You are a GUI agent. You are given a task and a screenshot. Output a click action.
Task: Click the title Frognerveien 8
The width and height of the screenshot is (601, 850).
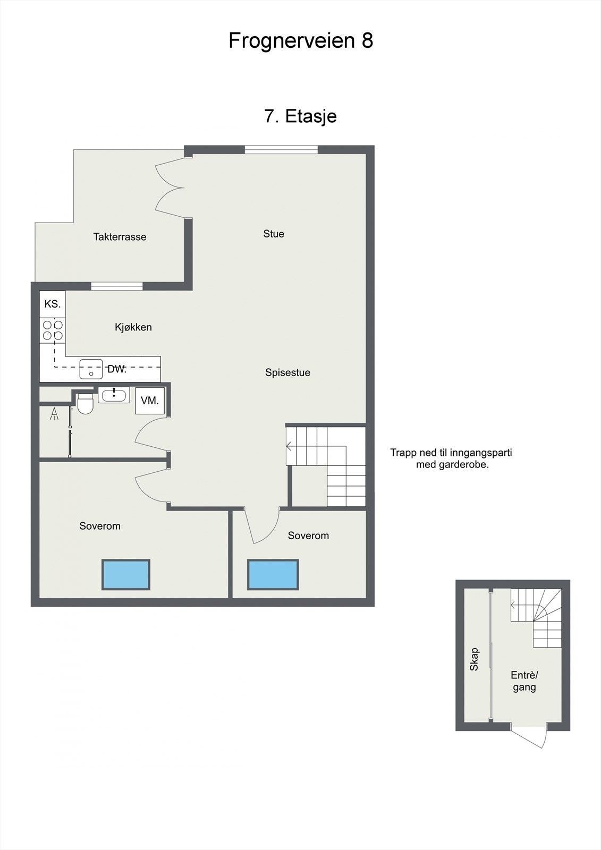pos(301,40)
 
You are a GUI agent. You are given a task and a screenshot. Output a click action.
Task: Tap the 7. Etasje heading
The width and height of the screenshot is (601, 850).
pos(300,116)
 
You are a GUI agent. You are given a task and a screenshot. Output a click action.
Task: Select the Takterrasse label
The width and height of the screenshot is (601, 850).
pos(120,237)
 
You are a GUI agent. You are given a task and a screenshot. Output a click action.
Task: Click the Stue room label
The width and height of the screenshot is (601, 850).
pos(274,234)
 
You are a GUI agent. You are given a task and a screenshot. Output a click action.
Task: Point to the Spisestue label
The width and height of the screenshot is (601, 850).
pos(287,372)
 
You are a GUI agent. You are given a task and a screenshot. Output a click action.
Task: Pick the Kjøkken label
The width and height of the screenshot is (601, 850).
pos(133,327)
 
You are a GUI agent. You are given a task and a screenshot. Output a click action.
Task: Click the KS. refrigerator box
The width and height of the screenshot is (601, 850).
pos(53,304)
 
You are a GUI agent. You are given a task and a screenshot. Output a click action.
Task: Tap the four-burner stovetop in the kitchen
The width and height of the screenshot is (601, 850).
pos(53,330)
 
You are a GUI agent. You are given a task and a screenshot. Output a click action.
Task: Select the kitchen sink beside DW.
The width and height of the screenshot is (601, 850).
pos(91,369)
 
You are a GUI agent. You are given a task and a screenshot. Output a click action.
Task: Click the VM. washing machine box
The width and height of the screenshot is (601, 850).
pos(150,401)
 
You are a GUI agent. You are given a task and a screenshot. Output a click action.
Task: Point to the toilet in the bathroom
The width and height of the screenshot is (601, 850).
pos(85,404)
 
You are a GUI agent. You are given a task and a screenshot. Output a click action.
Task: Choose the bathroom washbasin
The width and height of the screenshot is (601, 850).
pos(114,395)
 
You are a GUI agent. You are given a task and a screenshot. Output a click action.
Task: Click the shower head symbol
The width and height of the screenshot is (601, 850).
pos(54,413)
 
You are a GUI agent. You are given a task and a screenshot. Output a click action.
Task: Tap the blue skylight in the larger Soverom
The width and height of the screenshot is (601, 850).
pos(125,574)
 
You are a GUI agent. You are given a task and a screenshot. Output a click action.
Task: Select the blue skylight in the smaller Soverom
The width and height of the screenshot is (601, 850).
pos(273,574)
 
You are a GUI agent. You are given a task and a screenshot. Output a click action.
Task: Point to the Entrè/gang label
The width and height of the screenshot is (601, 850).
pos(524,681)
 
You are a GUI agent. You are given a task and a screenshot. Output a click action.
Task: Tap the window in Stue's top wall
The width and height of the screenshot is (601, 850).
pos(281,149)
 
